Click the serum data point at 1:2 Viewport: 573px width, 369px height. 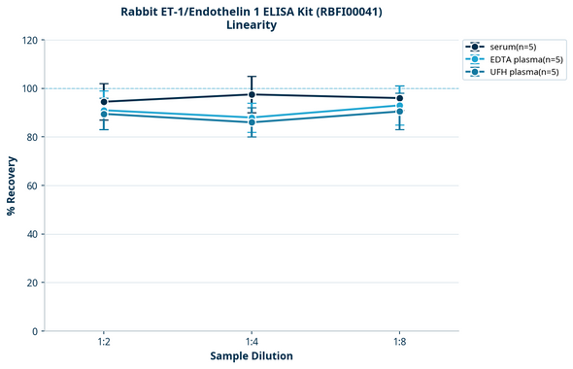click(x=104, y=102)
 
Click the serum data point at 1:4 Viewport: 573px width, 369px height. click(x=252, y=94)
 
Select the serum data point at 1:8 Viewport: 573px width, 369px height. click(x=399, y=98)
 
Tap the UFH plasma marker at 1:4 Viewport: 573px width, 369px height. click(x=252, y=121)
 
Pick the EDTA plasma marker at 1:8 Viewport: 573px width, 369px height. click(x=399, y=106)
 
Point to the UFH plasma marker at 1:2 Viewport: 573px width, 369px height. click(x=104, y=115)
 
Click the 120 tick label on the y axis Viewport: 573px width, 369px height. click(x=29, y=40)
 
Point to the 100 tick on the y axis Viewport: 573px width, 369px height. click(x=29, y=88)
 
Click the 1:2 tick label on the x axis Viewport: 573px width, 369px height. click(x=104, y=342)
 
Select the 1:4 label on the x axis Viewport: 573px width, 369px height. click(x=252, y=342)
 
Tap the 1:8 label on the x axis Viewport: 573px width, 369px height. click(x=399, y=342)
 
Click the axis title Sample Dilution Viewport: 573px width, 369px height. click(x=252, y=356)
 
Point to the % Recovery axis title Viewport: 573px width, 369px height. click(x=12, y=185)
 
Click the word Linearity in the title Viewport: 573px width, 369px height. click(x=252, y=25)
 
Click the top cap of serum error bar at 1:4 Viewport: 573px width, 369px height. click(x=252, y=77)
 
